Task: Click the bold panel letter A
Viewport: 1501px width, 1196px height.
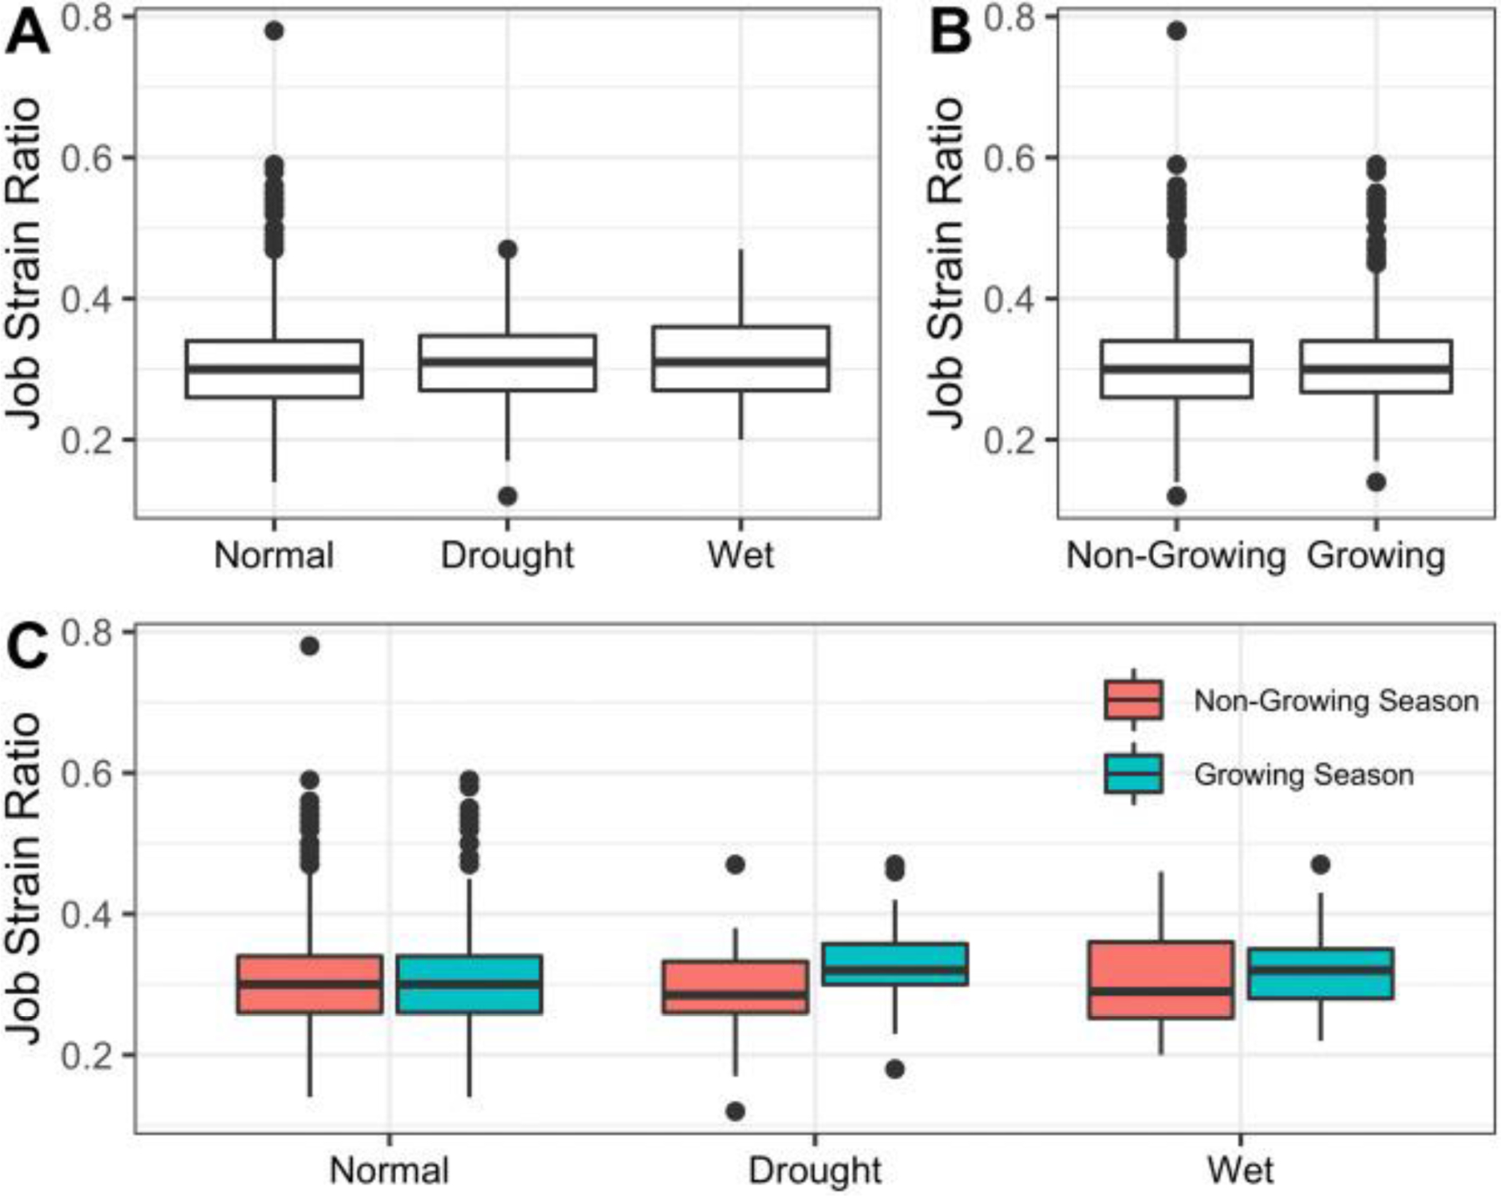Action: (x=27, y=35)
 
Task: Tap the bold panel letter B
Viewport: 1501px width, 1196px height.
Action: (x=950, y=35)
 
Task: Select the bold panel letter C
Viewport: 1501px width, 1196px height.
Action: (x=27, y=649)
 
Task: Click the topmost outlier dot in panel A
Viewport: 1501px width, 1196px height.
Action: (x=274, y=32)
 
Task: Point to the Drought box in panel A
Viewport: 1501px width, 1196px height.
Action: (x=507, y=363)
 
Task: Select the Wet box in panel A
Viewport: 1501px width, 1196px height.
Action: (x=740, y=359)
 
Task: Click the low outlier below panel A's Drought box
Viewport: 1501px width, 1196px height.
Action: (x=507, y=496)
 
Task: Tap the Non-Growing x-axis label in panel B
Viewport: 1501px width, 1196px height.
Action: (x=1176, y=555)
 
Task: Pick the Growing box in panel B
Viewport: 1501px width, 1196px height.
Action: (x=1376, y=367)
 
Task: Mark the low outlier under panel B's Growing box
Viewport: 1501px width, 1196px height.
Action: (x=1376, y=482)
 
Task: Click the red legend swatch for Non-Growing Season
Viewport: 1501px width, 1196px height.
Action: (x=1133, y=700)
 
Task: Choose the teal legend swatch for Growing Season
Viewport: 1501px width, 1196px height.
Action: (x=1133, y=774)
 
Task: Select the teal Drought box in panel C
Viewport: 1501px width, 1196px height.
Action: (x=895, y=964)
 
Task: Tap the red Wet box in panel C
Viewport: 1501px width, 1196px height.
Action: (x=1161, y=980)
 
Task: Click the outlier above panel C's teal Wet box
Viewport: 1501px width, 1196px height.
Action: (x=1321, y=865)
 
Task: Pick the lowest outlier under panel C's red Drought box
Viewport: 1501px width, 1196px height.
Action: (x=735, y=1111)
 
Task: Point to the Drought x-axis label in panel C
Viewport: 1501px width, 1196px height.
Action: (x=815, y=1171)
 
